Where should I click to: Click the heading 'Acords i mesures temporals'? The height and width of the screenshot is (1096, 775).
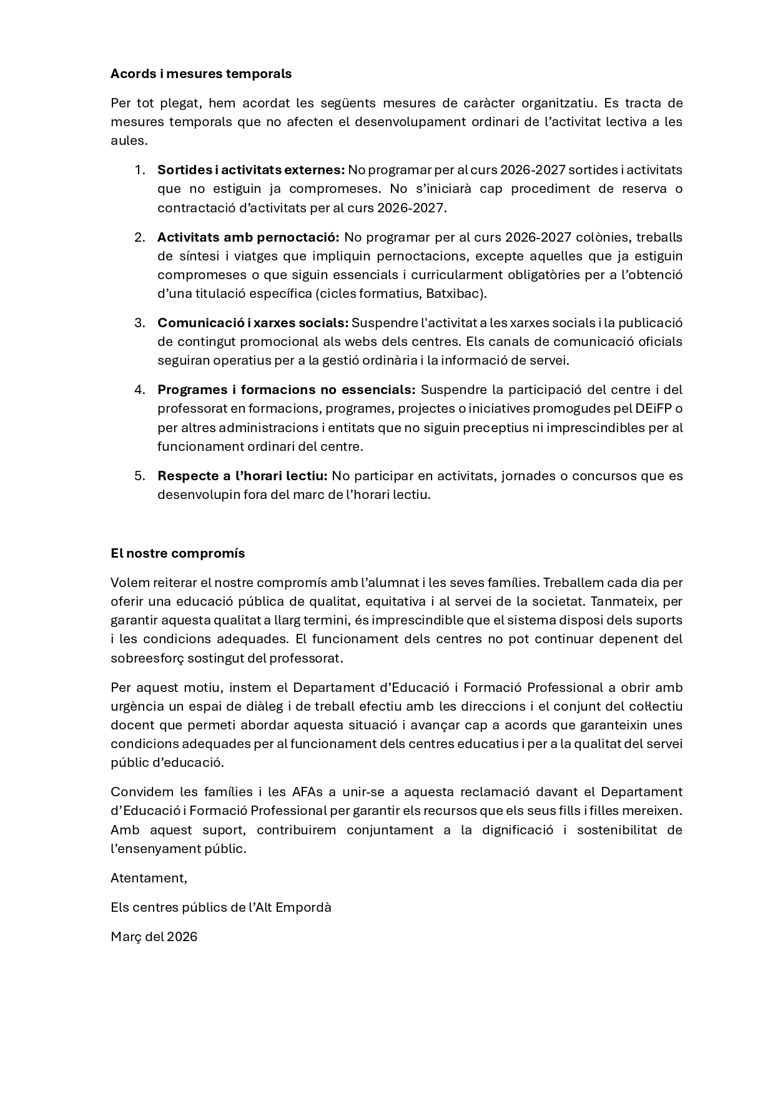pyautogui.click(x=200, y=74)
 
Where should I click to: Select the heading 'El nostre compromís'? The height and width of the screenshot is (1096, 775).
pyautogui.click(x=177, y=553)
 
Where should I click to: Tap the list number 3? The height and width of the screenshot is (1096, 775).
pyautogui.click(x=139, y=323)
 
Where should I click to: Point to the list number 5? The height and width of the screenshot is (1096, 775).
pyautogui.click(x=139, y=476)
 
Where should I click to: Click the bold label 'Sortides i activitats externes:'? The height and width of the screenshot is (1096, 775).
pyautogui.click(x=250, y=170)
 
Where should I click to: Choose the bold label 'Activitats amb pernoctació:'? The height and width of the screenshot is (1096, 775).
pyautogui.click(x=248, y=237)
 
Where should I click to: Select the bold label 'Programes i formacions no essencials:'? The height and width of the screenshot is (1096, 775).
pyautogui.click(x=286, y=390)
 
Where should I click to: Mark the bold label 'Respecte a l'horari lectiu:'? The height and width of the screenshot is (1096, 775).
pyautogui.click(x=242, y=476)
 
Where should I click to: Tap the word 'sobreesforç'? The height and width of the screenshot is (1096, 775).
pyautogui.click(x=146, y=658)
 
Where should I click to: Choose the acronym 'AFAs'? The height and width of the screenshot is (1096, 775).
pyautogui.click(x=307, y=792)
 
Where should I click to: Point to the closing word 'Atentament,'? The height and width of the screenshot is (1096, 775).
pyautogui.click(x=149, y=878)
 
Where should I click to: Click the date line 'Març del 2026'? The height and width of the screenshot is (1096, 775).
pyautogui.click(x=154, y=937)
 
